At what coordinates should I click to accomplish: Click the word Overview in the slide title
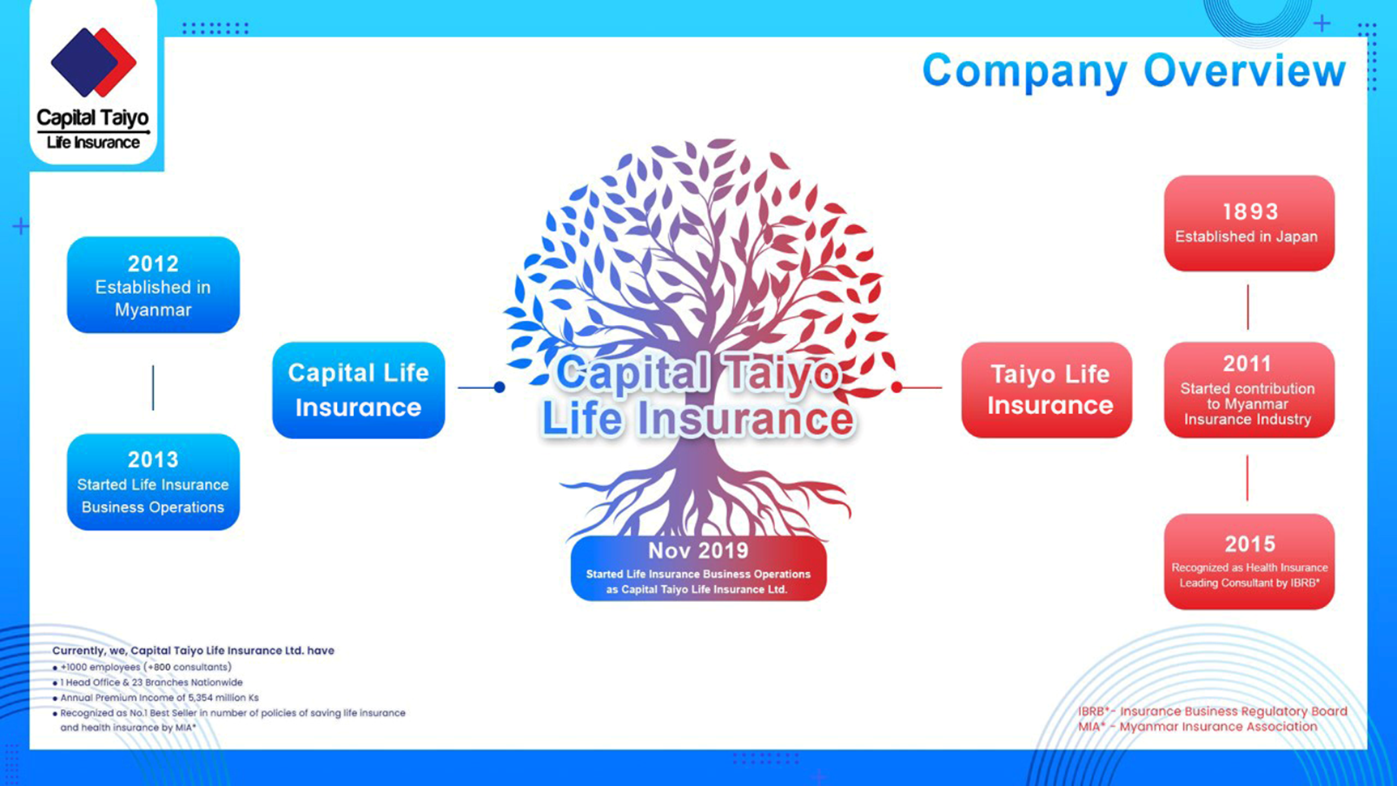pos(1244,71)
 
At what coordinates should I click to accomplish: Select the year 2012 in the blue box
pos(153,264)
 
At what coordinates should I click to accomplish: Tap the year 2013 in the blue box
pos(153,460)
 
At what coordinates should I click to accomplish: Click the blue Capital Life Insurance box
pos(358,390)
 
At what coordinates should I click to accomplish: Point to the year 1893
pos(1250,212)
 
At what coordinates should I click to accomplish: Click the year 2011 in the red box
pos(1247,365)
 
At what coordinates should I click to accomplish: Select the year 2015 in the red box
pos(1250,545)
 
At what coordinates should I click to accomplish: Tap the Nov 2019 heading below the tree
pos(698,551)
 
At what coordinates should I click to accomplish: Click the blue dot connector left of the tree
pos(500,387)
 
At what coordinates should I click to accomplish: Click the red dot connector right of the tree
pos(897,387)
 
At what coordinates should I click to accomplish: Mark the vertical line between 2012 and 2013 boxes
pos(153,387)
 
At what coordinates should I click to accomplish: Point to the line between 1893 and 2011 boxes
pos(1248,307)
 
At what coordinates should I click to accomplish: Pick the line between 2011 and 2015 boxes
pos(1247,477)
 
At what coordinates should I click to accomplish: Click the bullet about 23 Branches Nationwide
pos(151,682)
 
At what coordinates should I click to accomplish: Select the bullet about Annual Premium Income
pos(159,698)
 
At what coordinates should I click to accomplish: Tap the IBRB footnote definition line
pos(1212,711)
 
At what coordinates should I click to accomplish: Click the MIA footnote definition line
pos(1198,727)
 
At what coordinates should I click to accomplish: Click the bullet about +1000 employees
pos(146,667)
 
